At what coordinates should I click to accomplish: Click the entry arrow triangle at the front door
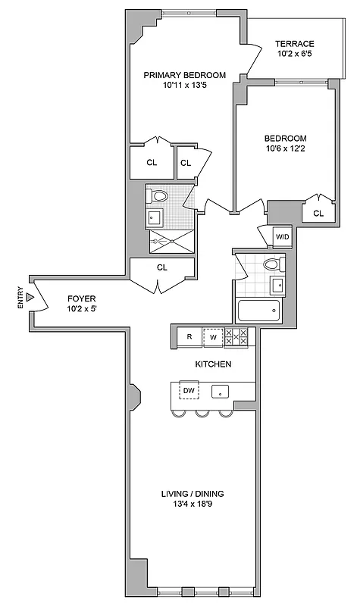click(x=30, y=299)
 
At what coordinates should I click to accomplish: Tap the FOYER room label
click(x=82, y=299)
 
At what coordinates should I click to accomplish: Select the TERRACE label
click(x=295, y=44)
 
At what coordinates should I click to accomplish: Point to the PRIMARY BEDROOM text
click(x=184, y=75)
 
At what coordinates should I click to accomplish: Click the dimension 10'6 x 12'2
click(x=285, y=148)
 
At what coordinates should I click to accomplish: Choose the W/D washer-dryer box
click(x=282, y=237)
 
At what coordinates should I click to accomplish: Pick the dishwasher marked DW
click(x=189, y=391)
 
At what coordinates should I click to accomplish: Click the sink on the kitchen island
click(x=221, y=392)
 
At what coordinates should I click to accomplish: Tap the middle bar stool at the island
click(x=202, y=413)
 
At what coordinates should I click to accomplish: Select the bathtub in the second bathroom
click(x=258, y=311)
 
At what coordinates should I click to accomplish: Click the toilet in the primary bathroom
click(x=158, y=196)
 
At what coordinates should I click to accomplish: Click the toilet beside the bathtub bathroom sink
click(x=274, y=265)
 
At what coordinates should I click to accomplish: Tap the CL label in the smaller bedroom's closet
click(x=318, y=214)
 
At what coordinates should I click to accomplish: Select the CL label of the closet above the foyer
click(x=161, y=267)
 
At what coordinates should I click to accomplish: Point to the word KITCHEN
click(x=213, y=364)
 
